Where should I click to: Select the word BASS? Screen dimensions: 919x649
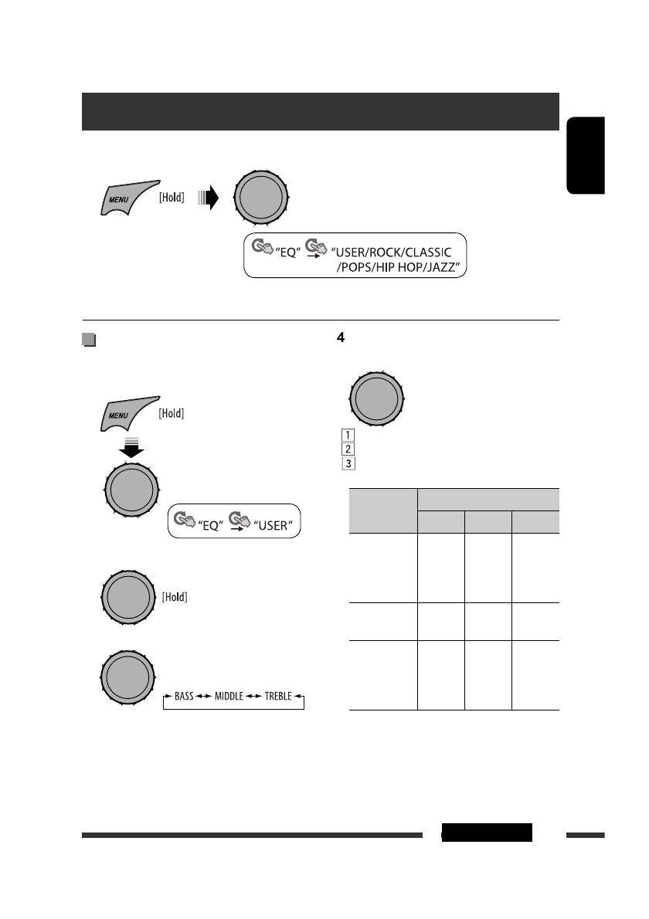(184, 697)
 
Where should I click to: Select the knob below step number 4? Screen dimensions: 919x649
(377, 398)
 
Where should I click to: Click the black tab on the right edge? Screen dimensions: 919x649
(586, 155)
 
